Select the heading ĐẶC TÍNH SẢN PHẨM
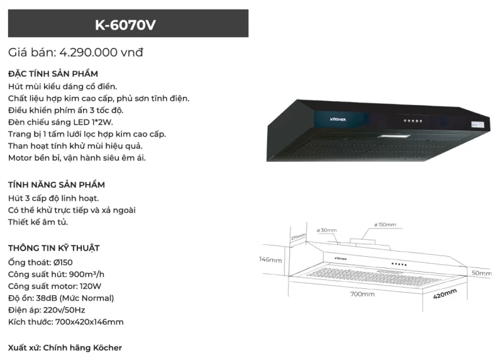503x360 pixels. click(x=53, y=74)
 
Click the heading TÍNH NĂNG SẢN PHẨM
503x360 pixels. click(x=56, y=185)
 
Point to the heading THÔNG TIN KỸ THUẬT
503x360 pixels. click(x=54, y=248)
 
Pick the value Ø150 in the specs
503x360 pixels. click(x=62, y=262)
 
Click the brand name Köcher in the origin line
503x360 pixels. click(x=107, y=347)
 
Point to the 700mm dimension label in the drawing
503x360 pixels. click(x=362, y=294)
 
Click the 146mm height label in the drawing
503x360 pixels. click(x=271, y=259)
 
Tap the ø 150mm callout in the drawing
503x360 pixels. click(x=385, y=225)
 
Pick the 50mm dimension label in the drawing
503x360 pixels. click(x=482, y=273)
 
